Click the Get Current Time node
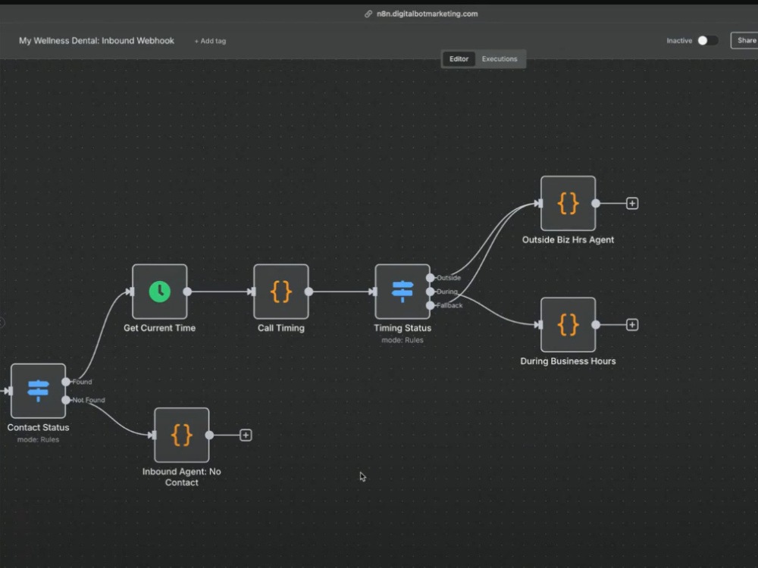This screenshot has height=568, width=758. [159, 292]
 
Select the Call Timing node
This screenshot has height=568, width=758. [281, 292]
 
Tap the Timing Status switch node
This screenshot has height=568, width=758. [402, 292]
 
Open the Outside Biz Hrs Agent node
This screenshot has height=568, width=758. [568, 203]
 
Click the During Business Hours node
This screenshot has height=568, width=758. [568, 325]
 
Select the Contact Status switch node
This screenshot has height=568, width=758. [38, 391]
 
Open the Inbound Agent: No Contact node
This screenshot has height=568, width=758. [182, 435]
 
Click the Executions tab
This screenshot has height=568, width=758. [500, 59]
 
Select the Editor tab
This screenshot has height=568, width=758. [459, 59]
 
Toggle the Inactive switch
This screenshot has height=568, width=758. [708, 41]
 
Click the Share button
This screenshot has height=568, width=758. [744, 41]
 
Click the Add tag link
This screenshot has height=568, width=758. [210, 41]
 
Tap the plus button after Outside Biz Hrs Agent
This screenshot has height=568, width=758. [632, 203]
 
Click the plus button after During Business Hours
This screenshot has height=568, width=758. [632, 325]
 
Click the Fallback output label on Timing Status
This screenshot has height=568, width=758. [449, 305]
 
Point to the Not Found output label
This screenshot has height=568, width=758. [89, 400]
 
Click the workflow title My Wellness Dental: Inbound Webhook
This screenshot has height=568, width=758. [97, 41]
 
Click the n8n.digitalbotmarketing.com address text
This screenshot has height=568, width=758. [428, 14]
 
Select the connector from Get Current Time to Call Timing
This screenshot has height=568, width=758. [220, 292]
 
